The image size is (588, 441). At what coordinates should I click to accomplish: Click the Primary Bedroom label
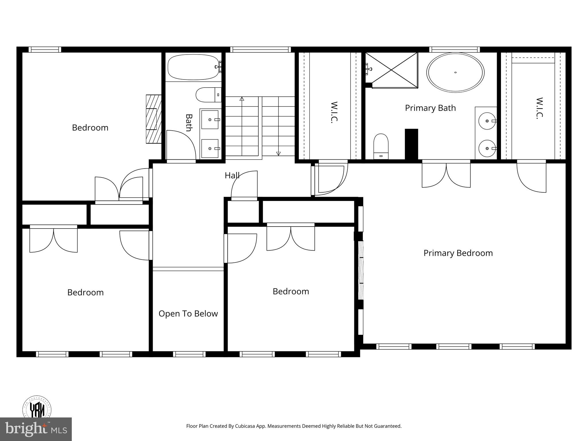[x=458, y=253]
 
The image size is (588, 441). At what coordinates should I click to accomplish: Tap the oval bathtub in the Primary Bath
[x=455, y=72]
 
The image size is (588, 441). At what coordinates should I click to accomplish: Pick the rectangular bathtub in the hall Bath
[x=193, y=67]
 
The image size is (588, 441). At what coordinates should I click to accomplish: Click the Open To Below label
[x=188, y=314]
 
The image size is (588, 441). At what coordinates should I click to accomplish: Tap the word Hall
[x=232, y=175]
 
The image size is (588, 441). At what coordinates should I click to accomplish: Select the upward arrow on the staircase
[x=242, y=99]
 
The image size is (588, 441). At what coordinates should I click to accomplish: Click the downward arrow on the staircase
[x=278, y=154]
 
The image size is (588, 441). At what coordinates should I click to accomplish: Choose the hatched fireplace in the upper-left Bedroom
[x=154, y=119]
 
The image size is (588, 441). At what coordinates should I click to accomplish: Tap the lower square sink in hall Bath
[x=210, y=148]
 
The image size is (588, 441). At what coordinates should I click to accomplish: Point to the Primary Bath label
[x=430, y=108]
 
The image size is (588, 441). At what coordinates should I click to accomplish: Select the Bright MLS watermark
[x=36, y=429]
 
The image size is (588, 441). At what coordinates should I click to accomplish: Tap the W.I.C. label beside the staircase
[x=334, y=112]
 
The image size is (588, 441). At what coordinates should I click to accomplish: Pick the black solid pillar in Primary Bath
[x=411, y=144]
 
